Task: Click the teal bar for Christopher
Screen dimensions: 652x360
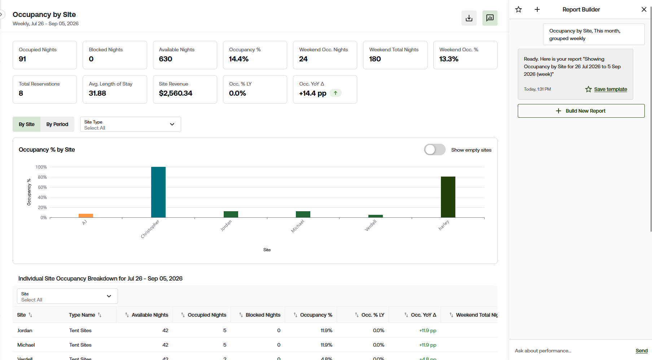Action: pos(158,192)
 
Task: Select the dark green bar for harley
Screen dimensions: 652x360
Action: pos(448,197)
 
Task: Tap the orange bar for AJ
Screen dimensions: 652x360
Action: pos(86,216)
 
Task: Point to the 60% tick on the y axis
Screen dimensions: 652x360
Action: pos(43,187)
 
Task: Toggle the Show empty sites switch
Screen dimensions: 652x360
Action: pos(435,149)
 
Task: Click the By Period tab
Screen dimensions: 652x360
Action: pos(57,124)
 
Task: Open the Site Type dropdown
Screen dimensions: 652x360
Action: pos(131,124)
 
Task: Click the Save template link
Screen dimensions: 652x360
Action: pos(611,89)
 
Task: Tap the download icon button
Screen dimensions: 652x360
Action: pos(469,18)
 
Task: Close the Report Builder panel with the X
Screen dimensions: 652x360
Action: pos(644,9)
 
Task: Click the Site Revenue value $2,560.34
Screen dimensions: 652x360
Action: pos(176,93)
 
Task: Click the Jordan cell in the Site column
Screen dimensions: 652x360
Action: pos(25,330)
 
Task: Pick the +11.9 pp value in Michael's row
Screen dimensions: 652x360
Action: pos(428,345)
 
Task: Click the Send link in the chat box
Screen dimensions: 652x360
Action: pos(642,351)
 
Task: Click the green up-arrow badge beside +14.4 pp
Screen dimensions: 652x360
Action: pos(336,93)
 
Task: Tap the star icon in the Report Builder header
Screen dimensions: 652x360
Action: pos(518,9)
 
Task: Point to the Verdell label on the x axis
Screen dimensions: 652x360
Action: pos(371,226)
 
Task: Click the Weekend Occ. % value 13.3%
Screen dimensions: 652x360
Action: pos(449,59)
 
